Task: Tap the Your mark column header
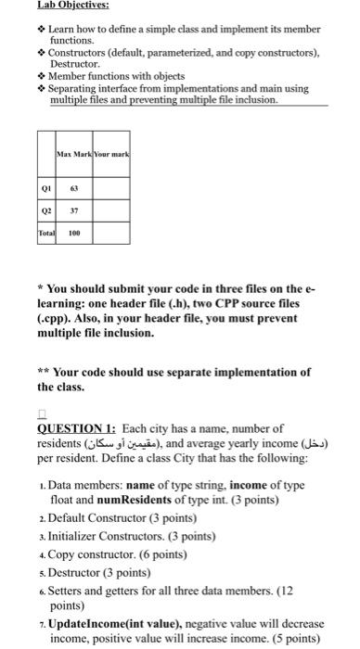109,153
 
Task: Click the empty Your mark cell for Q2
109,210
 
